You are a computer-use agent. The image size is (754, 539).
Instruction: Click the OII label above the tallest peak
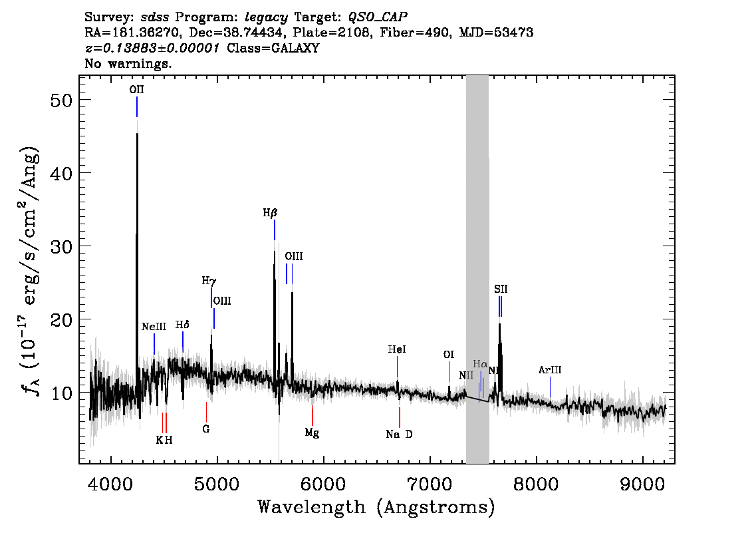pos(136,90)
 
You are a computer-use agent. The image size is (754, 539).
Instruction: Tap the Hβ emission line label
pos(270,213)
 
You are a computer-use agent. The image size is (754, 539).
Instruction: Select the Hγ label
pos(209,281)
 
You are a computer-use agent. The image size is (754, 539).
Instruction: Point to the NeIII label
pos(154,327)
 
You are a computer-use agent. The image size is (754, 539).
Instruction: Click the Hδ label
pos(182,325)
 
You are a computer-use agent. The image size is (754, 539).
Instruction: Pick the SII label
pos(501,289)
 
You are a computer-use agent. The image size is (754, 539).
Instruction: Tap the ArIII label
pos(550,370)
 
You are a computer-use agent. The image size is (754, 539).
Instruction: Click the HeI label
pos(397,349)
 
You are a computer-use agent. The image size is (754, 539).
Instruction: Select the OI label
pos(449,355)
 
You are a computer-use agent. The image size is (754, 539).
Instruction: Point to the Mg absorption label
pos(312,433)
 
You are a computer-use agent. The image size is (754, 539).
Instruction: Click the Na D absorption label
pos(399,435)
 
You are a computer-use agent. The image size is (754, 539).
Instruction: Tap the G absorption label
pos(206,429)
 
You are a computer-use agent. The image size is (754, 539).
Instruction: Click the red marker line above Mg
pos(312,415)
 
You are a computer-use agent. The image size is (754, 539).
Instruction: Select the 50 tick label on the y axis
pos(61,101)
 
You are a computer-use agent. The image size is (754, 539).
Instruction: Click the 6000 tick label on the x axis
pos(324,484)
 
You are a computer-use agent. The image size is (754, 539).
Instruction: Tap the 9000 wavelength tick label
pos(642,484)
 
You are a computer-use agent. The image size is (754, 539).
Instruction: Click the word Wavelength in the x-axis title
pos(312,507)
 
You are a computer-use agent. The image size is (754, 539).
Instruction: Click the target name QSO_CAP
pos(378,17)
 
